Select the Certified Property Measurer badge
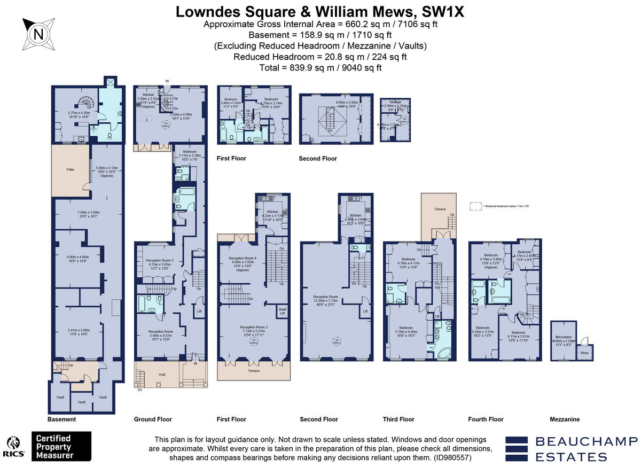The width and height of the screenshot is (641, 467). pyautogui.click(x=61, y=446)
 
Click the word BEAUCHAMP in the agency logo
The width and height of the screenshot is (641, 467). pyautogui.click(x=586, y=441)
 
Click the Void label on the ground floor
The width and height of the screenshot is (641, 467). pyautogui.click(x=162, y=375)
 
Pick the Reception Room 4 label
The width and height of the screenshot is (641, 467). pyautogui.click(x=243, y=258)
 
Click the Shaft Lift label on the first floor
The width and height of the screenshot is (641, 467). pyautogui.click(x=282, y=311)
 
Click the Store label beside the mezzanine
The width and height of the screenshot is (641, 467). pyautogui.click(x=585, y=352)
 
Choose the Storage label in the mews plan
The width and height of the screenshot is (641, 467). pyautogui.click(x=395, y=102)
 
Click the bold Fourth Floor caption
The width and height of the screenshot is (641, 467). pyautogui.click(x=486, y=419)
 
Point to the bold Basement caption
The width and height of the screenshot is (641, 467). pyautogui.click(x=61, y=419)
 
